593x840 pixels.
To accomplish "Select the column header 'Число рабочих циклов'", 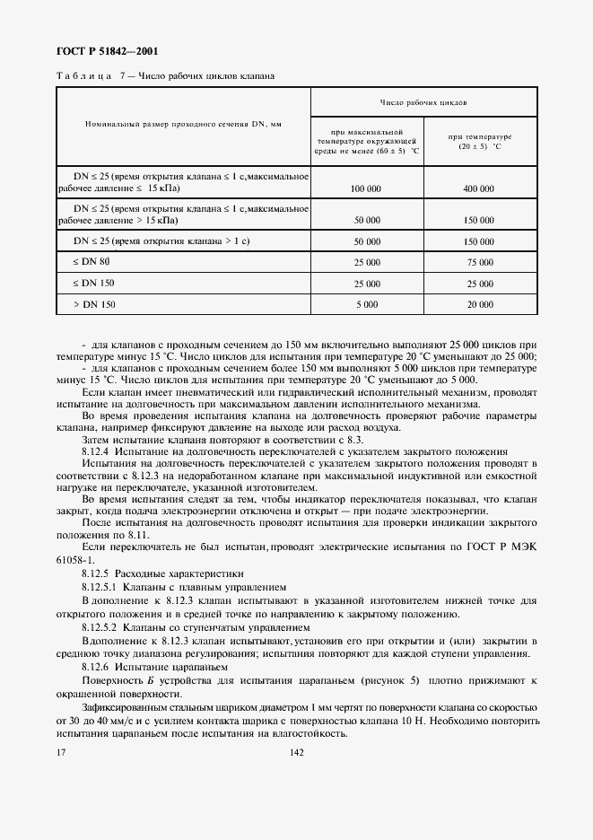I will (423, 102).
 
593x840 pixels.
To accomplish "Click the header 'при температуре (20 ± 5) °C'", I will (480, 142).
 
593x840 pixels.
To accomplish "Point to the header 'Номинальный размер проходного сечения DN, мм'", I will (183, 124).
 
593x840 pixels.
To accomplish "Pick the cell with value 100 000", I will (367, 189).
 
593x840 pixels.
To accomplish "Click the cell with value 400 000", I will (480, 189).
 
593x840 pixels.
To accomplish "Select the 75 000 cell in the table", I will (480, 262).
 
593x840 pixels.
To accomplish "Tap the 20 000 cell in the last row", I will (480, 305).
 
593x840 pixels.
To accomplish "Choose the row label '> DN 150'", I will (93, 305).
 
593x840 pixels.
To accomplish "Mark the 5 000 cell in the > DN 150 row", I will (367, 305).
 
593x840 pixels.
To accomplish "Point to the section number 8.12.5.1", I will (100, 585).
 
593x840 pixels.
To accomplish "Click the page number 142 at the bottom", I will (297, 753).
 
